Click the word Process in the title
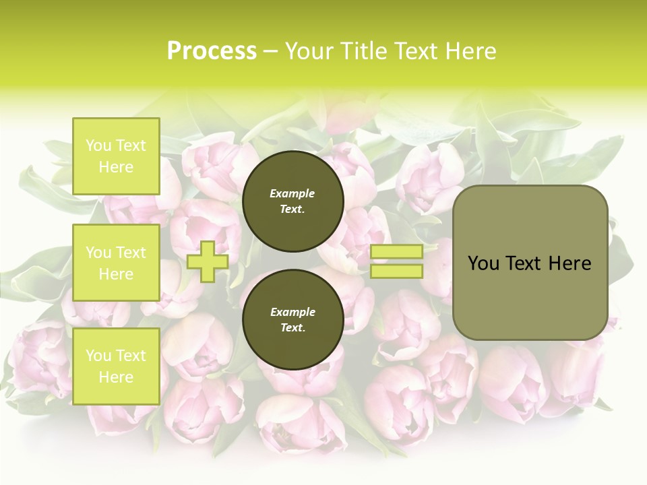pyautogui.click(x=212, y=51)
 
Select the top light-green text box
pyautogui.click(x=116, y=156)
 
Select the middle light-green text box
pyautogui.click(x=116, y=263)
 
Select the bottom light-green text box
pyautogui.click(x=116, y=366)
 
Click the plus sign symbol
pyautogui.click(x=208, y=261)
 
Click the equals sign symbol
pyautogui.click(x=396, y=261)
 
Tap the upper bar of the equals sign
pyautogui.click(x=396, y=252)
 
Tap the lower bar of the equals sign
pyautogui.click(x=396, y=271)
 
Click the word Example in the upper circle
pyautogui.click(x=292, y=193)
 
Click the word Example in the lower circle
pyautogui.click(x=292, y=312)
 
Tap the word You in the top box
pyautogui.click(x=98, y=145)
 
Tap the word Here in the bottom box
pyautogui.click(x=116, y=377)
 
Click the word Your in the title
pyautogui.click(x=310, y=51)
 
